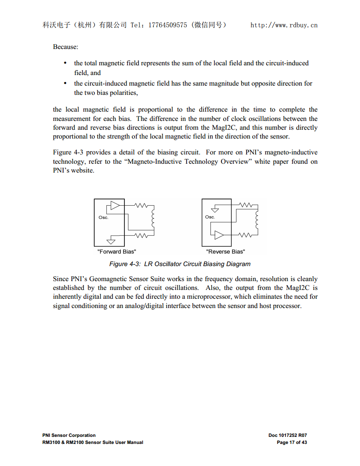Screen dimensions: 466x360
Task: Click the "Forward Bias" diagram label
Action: [x=116, y=252]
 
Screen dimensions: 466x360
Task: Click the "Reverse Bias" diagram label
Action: [x=225, y=252]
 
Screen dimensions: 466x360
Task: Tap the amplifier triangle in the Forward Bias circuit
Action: [x=115, y=206]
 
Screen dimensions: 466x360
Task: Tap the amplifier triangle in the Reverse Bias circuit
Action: [x=219, y=235]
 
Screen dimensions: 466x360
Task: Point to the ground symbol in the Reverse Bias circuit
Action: [x=215, y=208]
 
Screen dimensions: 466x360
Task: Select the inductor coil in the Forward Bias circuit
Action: [x=153, y=219]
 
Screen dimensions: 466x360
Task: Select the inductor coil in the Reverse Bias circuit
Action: [x=256, y=219]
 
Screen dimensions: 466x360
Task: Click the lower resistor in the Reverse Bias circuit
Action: [x=245, y=234]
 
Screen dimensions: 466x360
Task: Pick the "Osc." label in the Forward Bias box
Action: [x=103, y=218]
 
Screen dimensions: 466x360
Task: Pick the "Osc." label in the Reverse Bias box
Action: [x=210, y=217]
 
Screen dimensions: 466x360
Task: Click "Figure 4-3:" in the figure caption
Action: [x=125, y=264]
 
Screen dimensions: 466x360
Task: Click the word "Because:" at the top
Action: [x=65, y=46]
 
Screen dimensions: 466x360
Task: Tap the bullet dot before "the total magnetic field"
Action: [x=65, y=63]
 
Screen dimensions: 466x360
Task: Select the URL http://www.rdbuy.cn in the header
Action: [x=284, y=25]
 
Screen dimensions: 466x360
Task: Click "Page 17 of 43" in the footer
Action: [x=292, y=442]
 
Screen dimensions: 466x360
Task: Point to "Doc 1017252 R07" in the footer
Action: [x=288, y=435]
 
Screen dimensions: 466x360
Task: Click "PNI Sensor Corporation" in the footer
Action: [x=69, y=435]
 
